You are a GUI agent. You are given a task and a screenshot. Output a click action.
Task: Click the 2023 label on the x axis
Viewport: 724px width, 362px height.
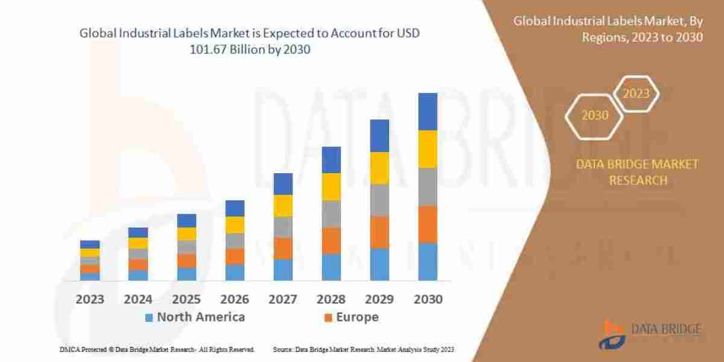(x=90, y=299)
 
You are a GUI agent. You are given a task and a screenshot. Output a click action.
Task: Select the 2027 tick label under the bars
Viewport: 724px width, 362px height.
(x=283, y=299)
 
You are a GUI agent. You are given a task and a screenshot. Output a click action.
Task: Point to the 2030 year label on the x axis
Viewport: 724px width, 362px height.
(x=428, y=299)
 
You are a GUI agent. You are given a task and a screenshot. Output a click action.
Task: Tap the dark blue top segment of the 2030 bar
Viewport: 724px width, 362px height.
(x=428, y=112)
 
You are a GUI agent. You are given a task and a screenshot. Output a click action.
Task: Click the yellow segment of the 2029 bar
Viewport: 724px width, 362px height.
(x=379, y=168)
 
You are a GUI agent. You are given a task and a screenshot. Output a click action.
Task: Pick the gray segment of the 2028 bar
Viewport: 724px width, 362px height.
(x=331, y=214)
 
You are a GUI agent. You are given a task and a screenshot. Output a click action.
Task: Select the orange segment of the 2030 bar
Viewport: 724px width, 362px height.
(x=428, y=224)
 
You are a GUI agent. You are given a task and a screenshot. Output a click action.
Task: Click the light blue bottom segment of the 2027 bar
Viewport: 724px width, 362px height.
(x=283, y=270)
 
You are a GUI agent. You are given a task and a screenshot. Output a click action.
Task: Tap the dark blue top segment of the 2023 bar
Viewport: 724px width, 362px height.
(x=90, y=244)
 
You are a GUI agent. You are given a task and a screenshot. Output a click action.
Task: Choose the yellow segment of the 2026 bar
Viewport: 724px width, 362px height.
(x=235, y=224)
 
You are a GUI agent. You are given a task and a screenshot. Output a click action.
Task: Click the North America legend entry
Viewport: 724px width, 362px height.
(x=194, y=317)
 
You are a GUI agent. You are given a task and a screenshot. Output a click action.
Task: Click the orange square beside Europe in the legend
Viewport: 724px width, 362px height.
(x=328, y=317)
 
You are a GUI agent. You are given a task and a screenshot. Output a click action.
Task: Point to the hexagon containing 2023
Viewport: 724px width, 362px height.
(x=636, y=94)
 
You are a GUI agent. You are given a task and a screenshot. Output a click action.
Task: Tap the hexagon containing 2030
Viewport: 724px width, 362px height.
(x=595, y=115)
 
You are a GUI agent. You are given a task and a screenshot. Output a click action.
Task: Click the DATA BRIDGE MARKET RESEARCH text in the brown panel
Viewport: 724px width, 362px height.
(x=638, y=172)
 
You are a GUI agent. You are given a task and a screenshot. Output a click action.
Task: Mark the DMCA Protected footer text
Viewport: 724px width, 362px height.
(x=157, y=349)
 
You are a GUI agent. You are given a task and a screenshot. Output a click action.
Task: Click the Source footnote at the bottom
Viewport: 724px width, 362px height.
(x=363, y=349)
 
